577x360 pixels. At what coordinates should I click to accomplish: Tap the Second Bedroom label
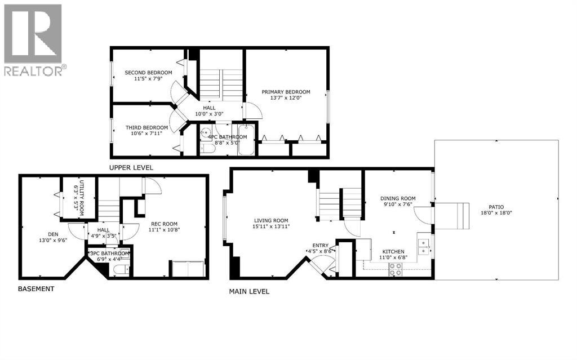pos(144,73)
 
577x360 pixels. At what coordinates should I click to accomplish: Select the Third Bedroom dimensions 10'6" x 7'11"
pos(147,134)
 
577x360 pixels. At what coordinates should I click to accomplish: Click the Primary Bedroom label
pos(286,92)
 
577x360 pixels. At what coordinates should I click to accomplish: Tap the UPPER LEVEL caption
pos(131,168)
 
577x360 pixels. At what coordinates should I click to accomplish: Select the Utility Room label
pos(81,193)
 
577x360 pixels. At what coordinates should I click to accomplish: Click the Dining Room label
pos(398,198)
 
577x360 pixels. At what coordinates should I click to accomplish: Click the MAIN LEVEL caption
pos(248,291)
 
